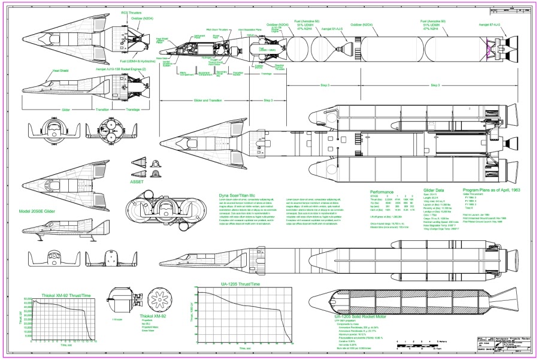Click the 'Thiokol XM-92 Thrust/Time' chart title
[66, 295]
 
